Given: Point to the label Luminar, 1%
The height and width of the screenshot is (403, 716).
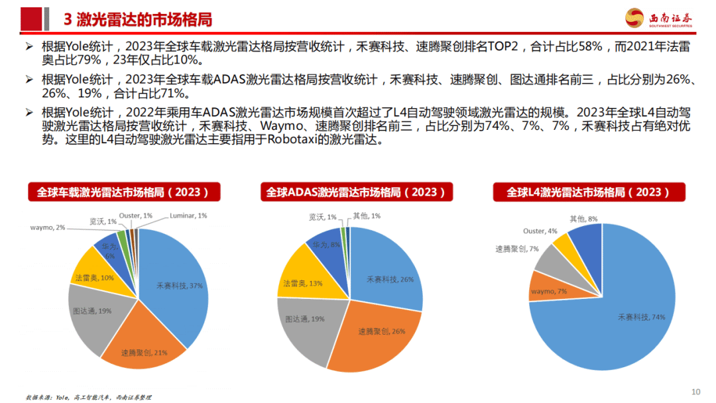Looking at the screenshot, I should (188, 215).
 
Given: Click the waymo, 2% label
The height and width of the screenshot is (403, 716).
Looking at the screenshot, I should (48, 227).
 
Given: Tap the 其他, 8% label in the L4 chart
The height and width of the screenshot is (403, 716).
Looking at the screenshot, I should (583, 218).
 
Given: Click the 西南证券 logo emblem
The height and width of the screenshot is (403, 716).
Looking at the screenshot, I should (635, 18).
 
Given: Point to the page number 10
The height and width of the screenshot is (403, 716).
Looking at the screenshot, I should (695, 391).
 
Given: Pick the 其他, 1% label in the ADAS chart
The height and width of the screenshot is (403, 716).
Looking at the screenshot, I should (366, 215).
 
